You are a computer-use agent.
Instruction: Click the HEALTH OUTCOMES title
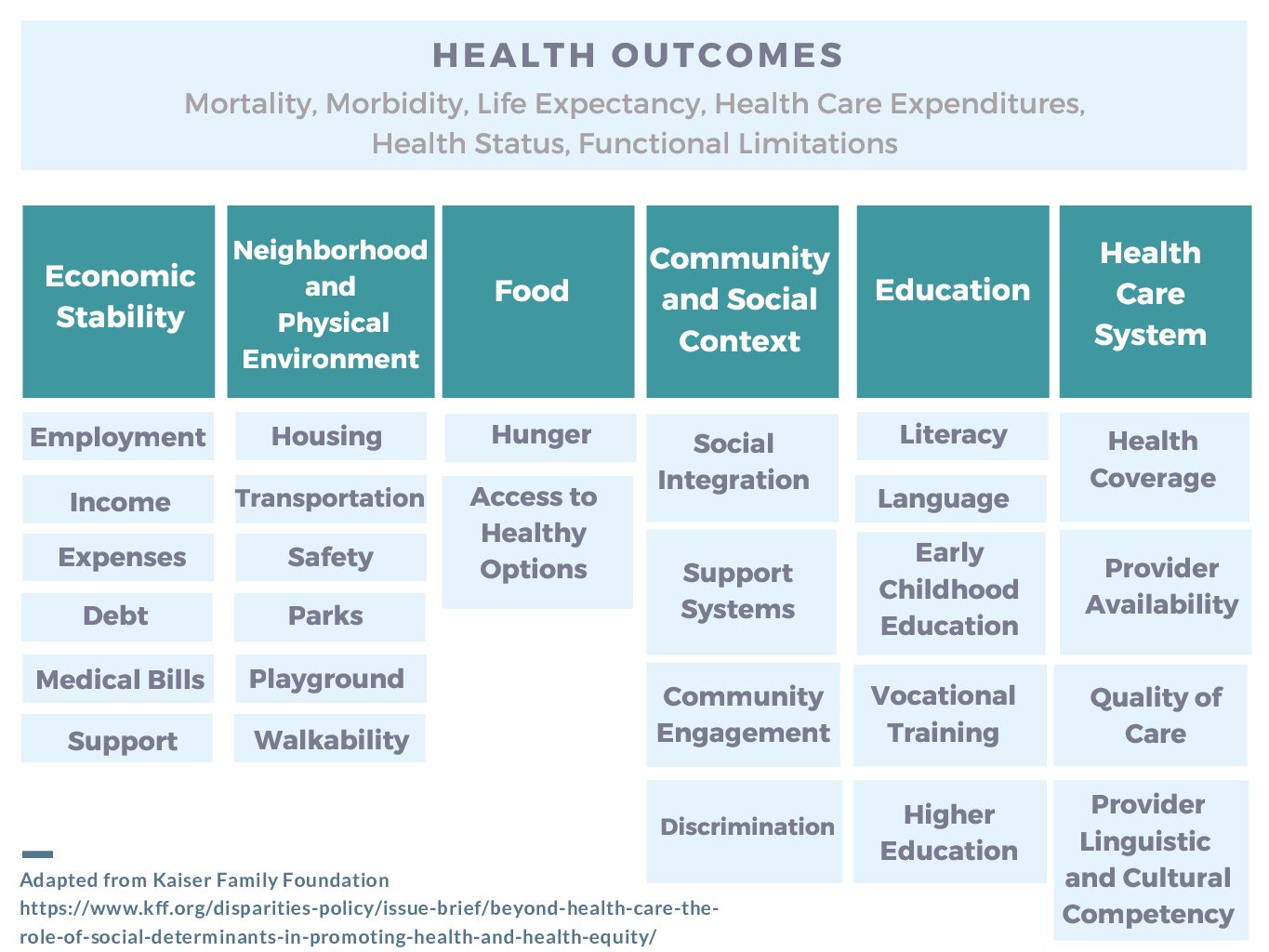[638, 56]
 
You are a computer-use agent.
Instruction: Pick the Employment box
[118, 437]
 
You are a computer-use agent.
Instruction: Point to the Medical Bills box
[119, 680]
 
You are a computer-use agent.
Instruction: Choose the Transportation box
[330, 498]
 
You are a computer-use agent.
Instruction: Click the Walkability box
[330, 739]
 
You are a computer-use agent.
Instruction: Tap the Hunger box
[540, 436]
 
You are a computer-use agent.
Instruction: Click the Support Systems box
[741, 592]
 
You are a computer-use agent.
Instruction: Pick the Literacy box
[952, 435]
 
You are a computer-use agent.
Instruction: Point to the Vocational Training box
[949, 715]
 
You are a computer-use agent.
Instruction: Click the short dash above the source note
[37, 853]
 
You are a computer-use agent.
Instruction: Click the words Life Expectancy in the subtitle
[589, 103]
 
